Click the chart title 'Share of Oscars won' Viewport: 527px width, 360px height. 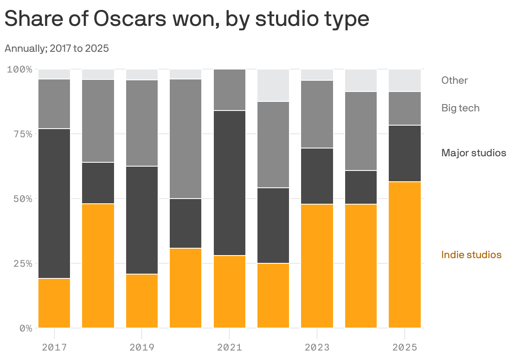[187, 19]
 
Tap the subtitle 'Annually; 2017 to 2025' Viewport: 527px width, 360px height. [57, 48]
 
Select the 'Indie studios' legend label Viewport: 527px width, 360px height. [471, 255]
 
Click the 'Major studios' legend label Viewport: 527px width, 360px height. [473, 153]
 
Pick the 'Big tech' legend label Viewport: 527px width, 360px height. [460, 108]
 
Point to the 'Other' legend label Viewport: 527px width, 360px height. [454, 80]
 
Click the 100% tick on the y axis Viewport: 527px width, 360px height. [19, 69]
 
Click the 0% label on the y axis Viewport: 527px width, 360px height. [25, 328]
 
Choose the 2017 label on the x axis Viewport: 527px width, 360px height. [54, 347]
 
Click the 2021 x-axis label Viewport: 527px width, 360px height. [229, 347]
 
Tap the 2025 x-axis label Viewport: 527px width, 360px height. [404, 347]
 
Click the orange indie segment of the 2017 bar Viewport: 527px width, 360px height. [54, 303]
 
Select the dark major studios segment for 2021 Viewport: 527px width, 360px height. [229, 183]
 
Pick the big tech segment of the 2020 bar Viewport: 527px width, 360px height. [186, 139]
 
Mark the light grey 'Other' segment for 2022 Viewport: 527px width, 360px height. [273, 85]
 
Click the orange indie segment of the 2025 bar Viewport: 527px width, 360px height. [404, 255]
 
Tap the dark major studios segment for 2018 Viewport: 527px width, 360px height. [98, 183]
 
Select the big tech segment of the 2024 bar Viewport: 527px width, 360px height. [361, 131]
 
